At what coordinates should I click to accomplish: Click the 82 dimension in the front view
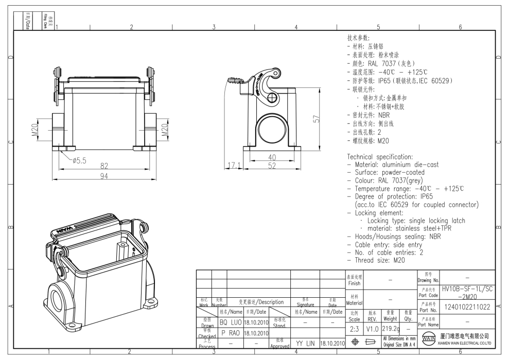[x=104, y=166]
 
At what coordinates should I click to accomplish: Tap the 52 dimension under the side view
[x=272, y=166]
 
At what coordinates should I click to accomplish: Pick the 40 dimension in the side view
[x=272, y=157]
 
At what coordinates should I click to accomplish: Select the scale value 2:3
[x=355, y=328]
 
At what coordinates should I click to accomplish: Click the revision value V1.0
[x=373, y=328]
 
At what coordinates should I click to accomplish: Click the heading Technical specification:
[x=380, y=156]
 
